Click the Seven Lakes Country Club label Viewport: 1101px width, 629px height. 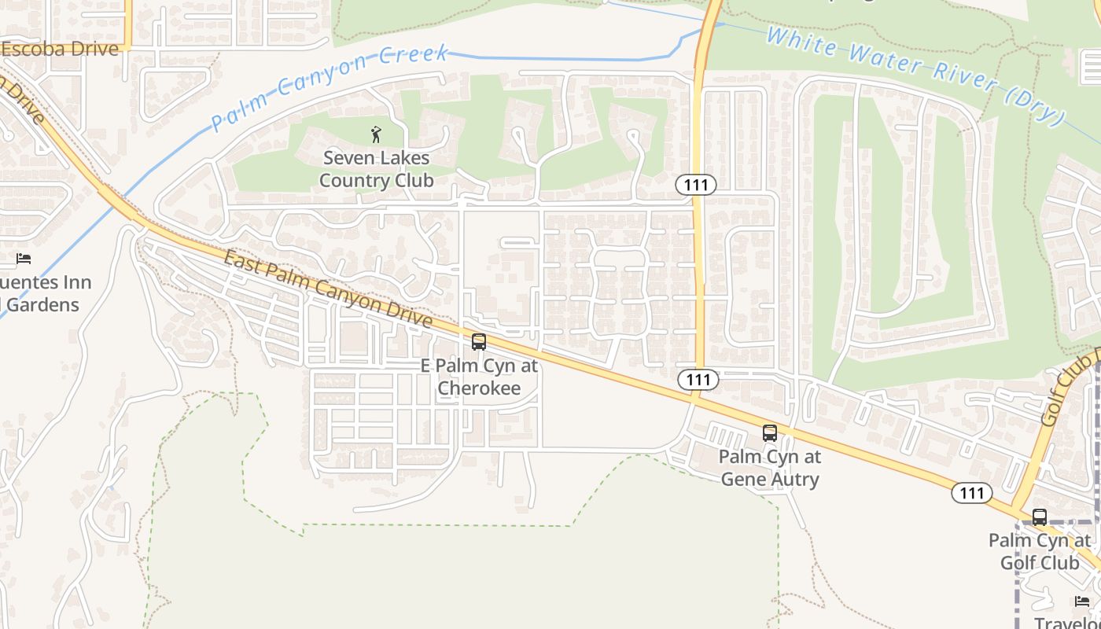376,169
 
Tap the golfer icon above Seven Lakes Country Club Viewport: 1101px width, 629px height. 376,134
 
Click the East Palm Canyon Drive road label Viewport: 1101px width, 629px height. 328,289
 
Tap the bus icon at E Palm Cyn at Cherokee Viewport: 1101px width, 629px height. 478,342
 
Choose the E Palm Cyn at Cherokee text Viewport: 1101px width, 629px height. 479,377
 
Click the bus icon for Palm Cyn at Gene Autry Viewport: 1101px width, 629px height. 769,433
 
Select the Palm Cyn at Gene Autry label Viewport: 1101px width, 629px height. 769,468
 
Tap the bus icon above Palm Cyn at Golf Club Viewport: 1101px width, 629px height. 1039,517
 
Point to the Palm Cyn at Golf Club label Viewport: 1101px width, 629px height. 1039,551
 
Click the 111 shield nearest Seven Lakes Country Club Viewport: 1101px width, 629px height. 695,186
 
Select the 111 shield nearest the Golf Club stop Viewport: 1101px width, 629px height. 971,493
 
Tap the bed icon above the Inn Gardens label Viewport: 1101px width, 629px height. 24,258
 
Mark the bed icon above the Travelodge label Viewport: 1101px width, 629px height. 1082,601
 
